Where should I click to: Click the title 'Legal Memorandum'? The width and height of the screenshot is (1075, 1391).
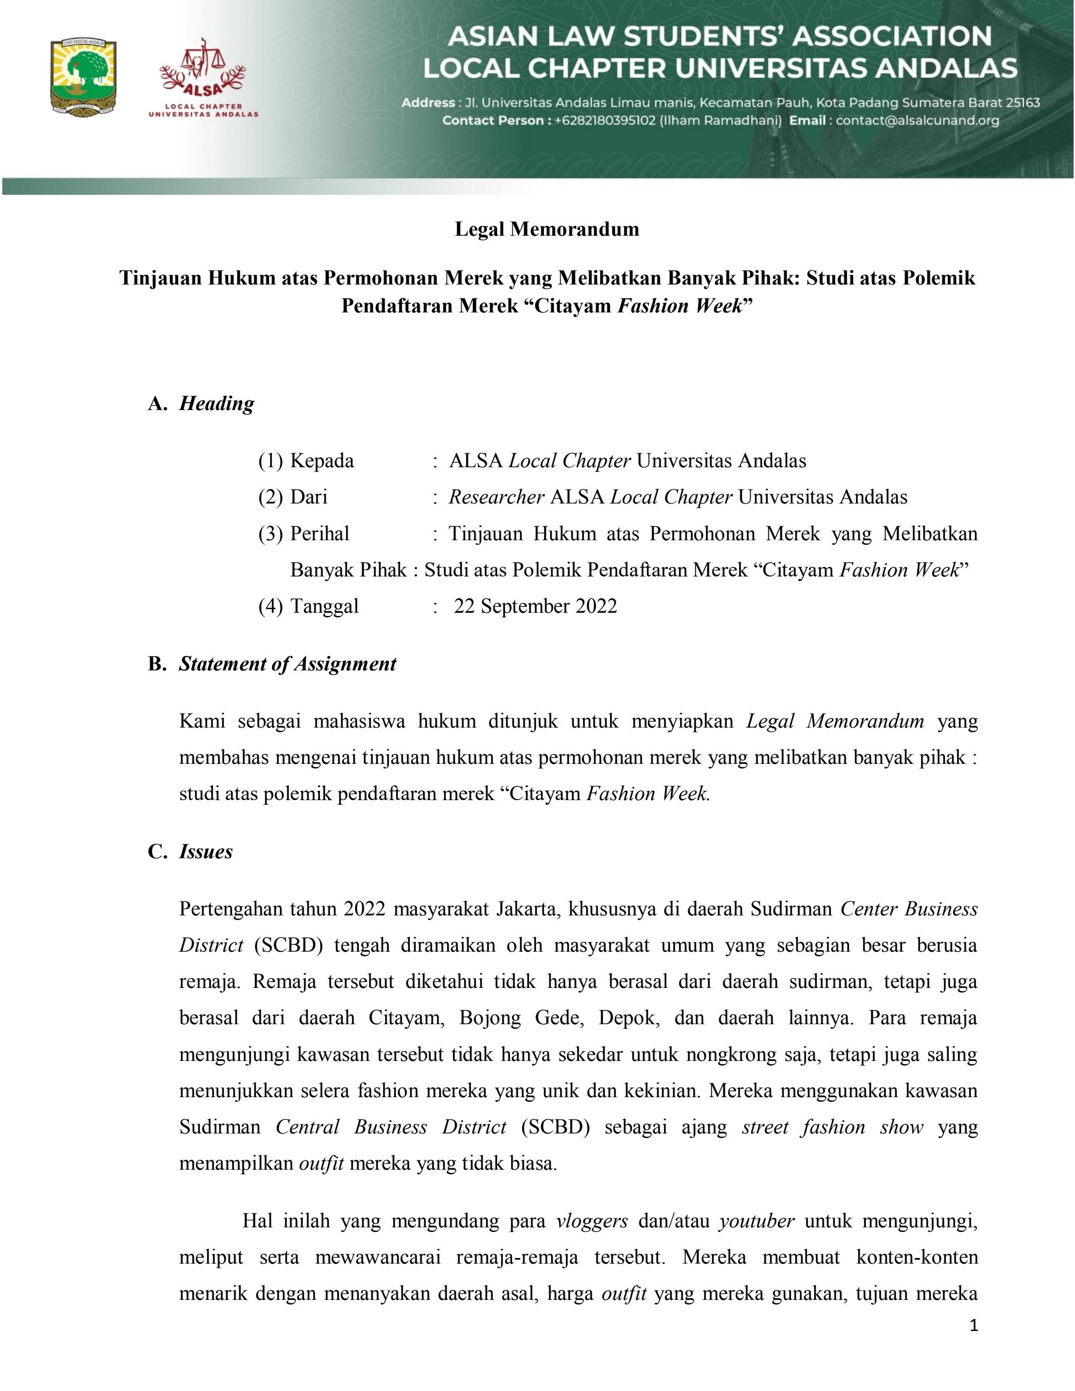(546, 229)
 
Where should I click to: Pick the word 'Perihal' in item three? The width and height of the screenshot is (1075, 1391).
(320, 533)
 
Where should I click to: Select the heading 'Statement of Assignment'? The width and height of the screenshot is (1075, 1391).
(287, 664)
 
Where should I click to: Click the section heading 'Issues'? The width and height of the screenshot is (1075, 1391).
(206, 852)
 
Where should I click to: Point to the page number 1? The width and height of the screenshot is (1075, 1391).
(972, 1326)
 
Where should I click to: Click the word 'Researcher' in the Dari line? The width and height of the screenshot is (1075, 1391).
(496, 497)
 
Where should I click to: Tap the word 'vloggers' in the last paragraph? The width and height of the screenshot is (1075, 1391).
(591, 1221)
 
